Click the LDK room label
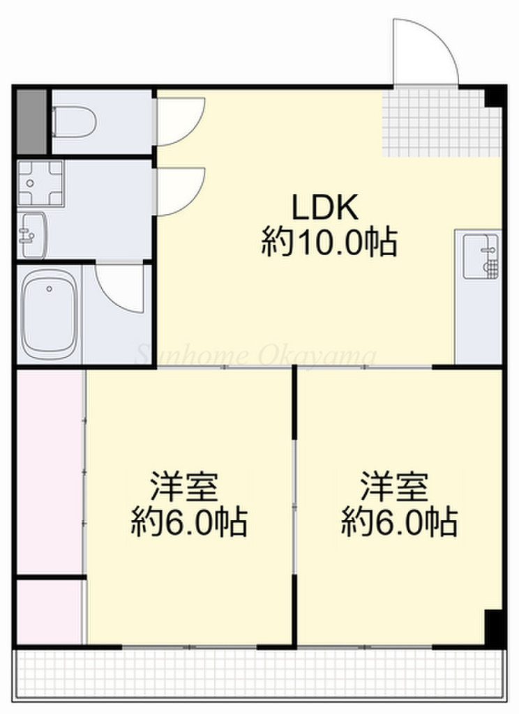pos(324,207)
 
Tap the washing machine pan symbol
pos(40,183)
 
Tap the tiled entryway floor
pos(441,122)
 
